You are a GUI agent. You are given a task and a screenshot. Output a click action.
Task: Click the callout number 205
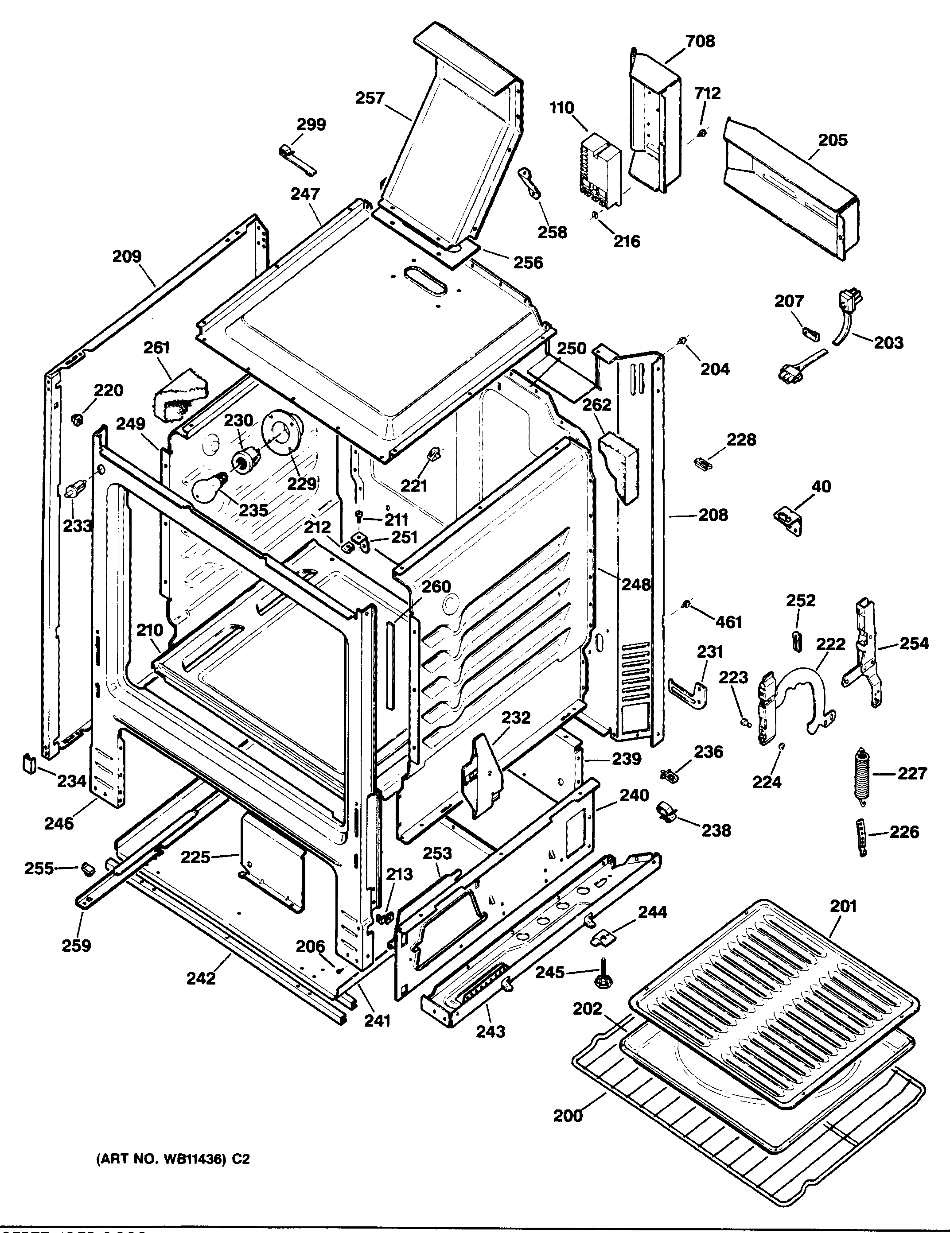click(833, 140)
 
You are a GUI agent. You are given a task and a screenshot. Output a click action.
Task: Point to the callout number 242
click(201, 978)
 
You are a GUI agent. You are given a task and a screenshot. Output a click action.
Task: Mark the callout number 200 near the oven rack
click(568, 1116)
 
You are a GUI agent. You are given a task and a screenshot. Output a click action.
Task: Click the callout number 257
click(370, 98)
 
